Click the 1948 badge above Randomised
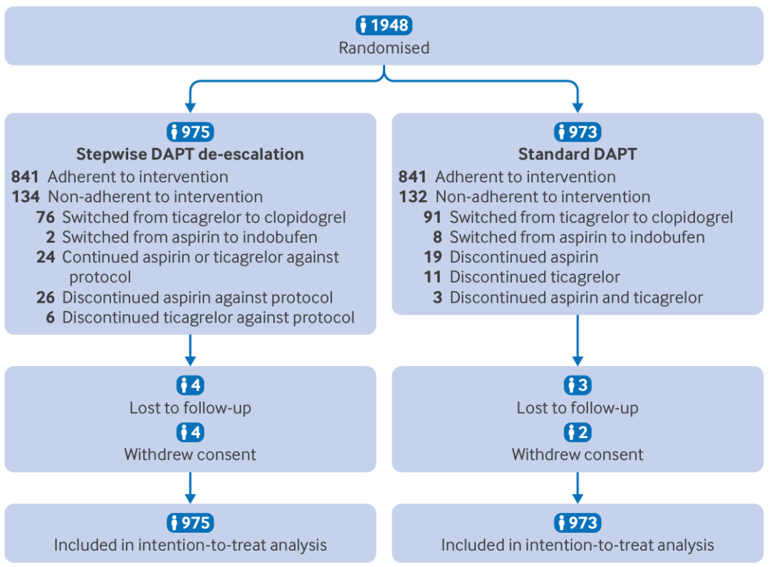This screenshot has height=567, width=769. (384, 25)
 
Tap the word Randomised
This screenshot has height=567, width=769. (384, 48)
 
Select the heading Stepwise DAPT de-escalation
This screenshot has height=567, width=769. (190, 154)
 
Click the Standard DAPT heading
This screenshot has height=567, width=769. (577, 154)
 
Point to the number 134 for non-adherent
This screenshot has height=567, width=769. (26, 197)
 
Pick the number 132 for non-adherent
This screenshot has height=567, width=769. (413, 197)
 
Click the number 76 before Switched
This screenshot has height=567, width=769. (46, 217)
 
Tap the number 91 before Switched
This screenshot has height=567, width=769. (433, 217)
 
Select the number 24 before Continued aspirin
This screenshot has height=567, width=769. (46, 257)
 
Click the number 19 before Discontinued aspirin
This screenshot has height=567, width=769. (433, 257)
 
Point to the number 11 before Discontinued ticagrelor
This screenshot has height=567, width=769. (433, 277)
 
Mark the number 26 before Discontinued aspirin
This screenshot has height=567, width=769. (46, 297)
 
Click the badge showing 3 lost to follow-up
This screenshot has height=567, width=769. (577, 385)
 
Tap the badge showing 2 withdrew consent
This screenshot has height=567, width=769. (577, 432)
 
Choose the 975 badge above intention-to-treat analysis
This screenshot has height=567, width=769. (190, 522)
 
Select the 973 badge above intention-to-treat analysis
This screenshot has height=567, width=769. (577, 522)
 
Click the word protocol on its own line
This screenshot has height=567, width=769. (100, 278)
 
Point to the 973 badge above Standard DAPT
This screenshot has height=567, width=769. (577, 132)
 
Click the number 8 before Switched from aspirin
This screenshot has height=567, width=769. (437, 237)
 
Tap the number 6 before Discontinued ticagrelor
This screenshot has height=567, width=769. (50, 318)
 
